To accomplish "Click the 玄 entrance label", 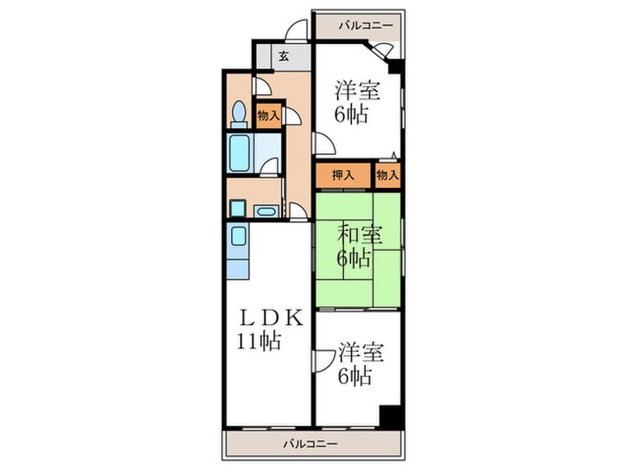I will (282, 56).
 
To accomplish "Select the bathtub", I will (239, 153).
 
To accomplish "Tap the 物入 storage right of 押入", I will (387, 175).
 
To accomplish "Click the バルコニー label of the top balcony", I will (365, 25).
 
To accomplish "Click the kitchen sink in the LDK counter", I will (238, 237).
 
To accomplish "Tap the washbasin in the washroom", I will (265, 212).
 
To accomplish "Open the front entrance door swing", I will (293, 33).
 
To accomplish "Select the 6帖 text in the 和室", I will (354, 260).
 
